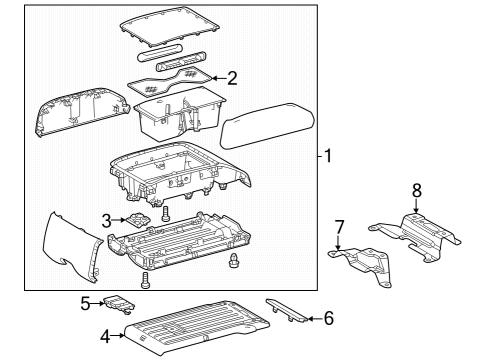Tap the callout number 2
click(232, 77)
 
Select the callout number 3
click(106, 220)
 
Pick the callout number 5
click(86, 300)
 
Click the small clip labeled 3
click(137, 221)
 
